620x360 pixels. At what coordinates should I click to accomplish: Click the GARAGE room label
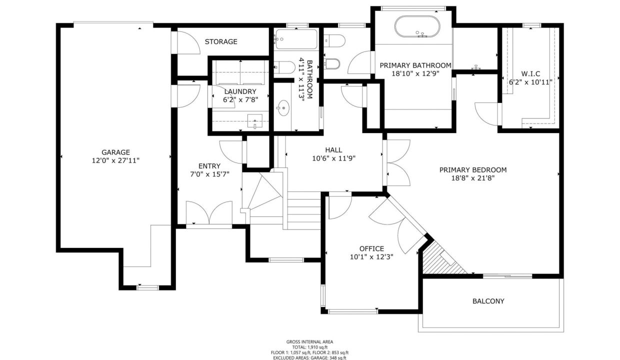(115, 152)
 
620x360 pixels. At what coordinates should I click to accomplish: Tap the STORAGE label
(221, 41)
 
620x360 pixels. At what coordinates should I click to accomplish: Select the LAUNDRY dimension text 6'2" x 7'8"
(240, 100)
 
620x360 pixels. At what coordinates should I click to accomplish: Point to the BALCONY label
(488, 301)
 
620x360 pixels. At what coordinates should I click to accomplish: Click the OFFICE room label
(371, 248)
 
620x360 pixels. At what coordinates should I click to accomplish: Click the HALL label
(333, 150)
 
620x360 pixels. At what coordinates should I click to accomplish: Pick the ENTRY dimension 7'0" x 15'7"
(209, 174)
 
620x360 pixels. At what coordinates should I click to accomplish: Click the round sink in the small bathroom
(283, 107)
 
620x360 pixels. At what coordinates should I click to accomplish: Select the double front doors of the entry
(209, 214)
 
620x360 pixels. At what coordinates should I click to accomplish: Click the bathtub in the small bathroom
(296, 39)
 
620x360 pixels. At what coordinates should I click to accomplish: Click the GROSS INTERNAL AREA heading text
(309, 342)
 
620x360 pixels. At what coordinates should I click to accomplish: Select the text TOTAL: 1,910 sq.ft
(309, 347)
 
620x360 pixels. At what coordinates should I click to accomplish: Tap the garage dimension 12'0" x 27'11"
(115, 160)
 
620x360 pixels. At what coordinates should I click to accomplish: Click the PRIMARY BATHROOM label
(415, 65)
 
